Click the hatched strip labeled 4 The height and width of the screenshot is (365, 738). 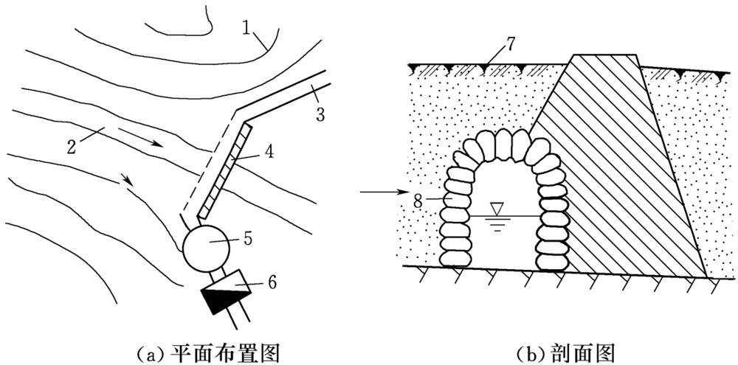tap(225, 173)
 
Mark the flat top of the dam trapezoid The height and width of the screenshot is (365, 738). tap(604, 55)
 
